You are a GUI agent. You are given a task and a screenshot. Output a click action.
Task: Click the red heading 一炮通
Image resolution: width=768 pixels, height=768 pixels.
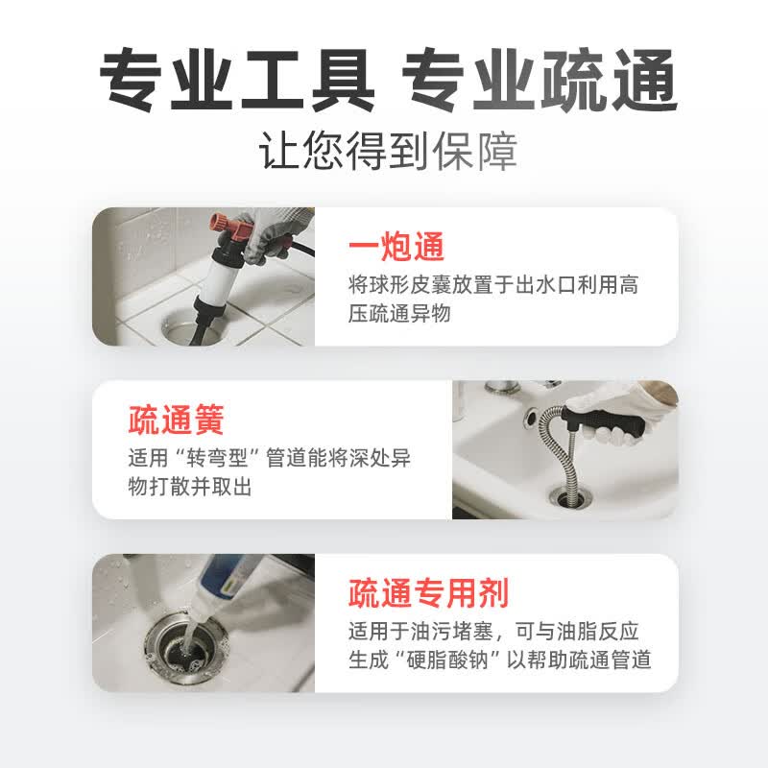(x=396, y=248)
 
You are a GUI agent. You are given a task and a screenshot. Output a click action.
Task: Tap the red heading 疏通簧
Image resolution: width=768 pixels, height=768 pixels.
(x=176, y=420)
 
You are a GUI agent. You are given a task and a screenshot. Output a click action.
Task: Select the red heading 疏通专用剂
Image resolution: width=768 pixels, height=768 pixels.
(x=428, y=593)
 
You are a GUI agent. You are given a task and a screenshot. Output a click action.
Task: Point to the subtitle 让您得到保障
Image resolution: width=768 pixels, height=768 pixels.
(x=388, y=151)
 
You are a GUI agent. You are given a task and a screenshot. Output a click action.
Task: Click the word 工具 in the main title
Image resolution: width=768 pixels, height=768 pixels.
(x=307, y=80)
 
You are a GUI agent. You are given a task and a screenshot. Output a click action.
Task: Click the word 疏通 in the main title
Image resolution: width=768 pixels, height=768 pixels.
(x=609, y=80)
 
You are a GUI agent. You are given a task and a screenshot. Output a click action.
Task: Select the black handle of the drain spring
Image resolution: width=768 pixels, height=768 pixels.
(x=604, y=423)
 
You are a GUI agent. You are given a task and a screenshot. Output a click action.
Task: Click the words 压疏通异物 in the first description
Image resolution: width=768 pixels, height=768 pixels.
(x=398, y=314)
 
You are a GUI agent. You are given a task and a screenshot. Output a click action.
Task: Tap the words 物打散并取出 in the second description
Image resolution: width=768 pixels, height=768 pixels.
(x=189, y=487)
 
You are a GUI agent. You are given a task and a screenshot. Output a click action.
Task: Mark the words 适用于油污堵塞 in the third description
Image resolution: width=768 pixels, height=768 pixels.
(x=420, y=632)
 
